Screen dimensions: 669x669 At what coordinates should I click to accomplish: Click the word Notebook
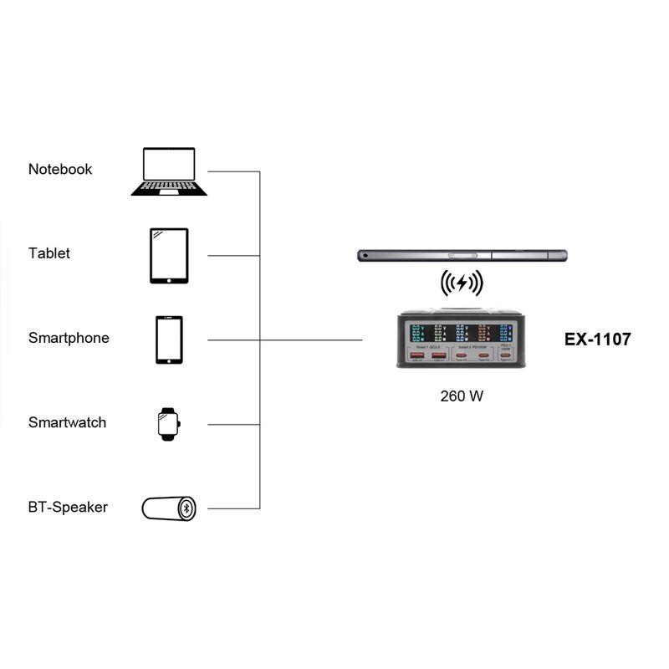coord(60,169)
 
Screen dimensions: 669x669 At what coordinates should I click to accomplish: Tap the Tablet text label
coord(49,253)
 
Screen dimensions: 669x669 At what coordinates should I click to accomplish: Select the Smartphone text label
coord(69,338)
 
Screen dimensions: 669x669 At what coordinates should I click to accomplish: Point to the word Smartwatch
coord(67,422)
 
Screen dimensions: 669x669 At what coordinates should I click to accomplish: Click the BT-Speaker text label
coord(68,507)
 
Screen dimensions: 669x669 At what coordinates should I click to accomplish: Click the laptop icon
coord(169,171)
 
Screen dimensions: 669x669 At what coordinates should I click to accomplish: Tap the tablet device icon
coord(169,256)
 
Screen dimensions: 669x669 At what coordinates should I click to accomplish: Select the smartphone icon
coord(169,340)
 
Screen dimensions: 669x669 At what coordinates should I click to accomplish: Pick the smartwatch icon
coord(169,423)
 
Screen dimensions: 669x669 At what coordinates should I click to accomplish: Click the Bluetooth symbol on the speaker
coord(188,508)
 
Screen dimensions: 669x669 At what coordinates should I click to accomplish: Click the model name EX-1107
coord(598,340)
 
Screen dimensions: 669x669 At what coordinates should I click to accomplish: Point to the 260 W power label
coord(462,396)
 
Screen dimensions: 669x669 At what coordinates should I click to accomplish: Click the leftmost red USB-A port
coord(416,356)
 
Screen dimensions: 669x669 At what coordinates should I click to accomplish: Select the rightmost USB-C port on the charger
coord(505,355)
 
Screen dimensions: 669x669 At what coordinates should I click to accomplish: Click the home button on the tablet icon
coord(169,278)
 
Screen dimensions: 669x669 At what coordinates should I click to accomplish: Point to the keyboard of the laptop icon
coord(169,186)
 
